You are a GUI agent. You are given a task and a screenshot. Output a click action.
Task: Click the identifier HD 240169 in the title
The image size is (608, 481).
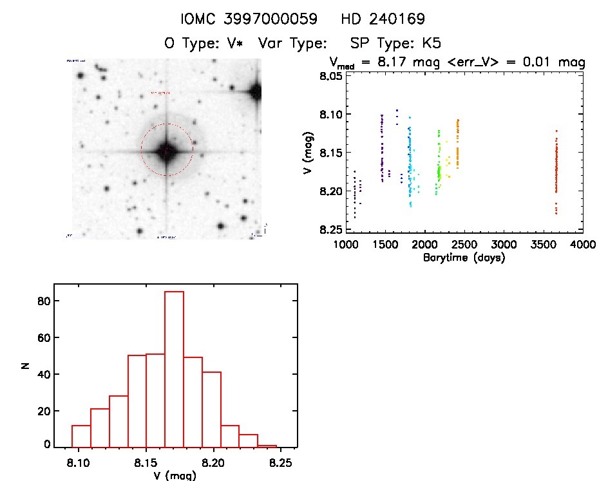coord(383,19)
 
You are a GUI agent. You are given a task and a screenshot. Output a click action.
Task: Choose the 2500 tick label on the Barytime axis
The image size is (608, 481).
coord(464,245)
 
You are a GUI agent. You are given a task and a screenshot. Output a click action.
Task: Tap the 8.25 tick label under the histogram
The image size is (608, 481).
coord(280,462)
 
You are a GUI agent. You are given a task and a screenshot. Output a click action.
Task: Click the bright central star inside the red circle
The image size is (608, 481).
coord(166,150)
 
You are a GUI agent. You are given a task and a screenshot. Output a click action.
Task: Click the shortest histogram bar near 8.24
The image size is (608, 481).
coord(267,446)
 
